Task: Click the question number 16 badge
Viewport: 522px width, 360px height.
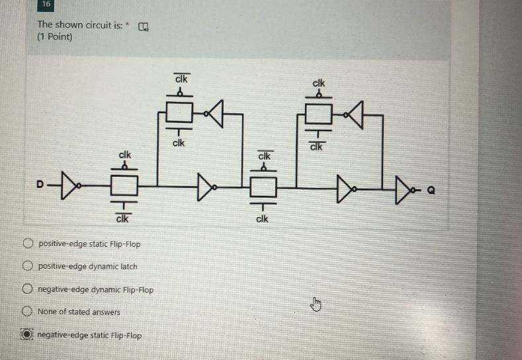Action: [46, 5]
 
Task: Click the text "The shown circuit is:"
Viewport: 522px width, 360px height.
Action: [79, 25]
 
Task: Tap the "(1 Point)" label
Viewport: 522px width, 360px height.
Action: [55, 37]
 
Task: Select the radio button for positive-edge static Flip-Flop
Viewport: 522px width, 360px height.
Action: [28, 244]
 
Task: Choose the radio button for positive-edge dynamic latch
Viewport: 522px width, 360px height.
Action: [28, 266]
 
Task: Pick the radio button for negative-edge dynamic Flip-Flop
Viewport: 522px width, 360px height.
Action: [28, 289]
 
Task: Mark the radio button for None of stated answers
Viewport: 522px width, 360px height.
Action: [28, 312]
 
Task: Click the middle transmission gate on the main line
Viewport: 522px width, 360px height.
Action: [263, 187]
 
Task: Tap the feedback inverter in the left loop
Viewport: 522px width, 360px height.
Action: [216, 113]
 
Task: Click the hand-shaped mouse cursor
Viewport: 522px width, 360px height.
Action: [316, 304]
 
